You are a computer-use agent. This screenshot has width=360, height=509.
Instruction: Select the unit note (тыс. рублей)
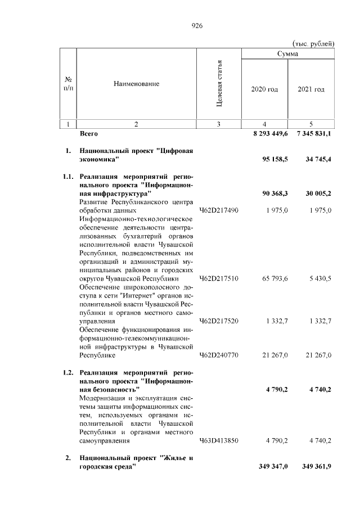point(313,43)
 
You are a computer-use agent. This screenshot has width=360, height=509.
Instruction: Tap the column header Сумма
point(287,53)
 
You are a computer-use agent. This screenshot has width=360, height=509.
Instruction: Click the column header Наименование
point(136,84)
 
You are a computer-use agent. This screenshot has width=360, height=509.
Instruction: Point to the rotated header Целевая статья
point(219,83)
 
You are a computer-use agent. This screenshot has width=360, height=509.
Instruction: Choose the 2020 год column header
point(264,90)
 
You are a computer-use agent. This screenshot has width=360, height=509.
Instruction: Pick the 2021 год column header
point(311,90)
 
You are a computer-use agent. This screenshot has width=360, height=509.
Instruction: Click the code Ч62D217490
point(219,210)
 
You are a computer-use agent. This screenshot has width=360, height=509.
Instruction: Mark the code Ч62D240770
point(219,355)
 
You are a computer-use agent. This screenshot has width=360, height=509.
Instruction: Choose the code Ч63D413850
point(219,440)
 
